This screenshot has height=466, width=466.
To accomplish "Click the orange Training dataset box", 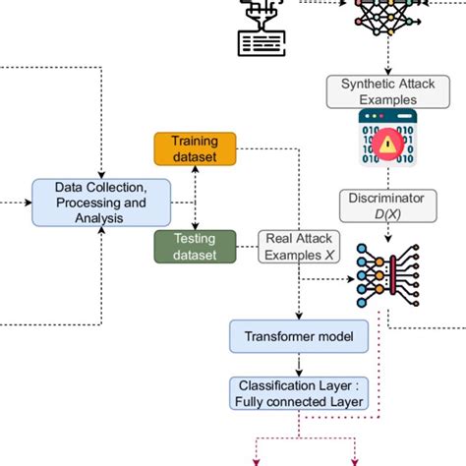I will (x=195, y=148).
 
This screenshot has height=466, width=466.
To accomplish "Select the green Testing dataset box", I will (x=195, y=246).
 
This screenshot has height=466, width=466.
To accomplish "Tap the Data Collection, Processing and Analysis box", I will (x=102, y=202).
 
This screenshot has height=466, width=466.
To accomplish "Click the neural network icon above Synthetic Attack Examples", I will (x=383, y=18).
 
